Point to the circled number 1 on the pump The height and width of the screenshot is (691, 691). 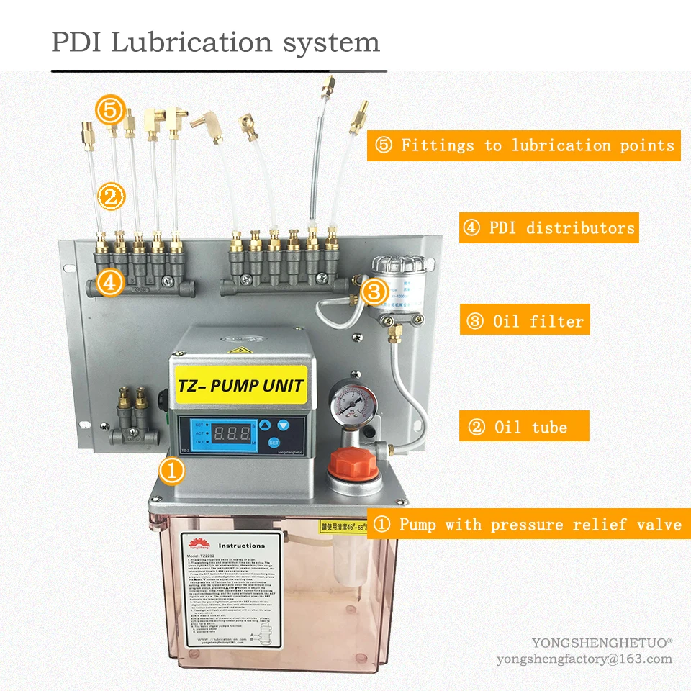point(173,472)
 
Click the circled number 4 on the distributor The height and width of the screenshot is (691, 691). point(110,283)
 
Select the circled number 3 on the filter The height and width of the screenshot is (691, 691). point(374,292)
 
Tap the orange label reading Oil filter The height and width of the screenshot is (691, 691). point(525,321)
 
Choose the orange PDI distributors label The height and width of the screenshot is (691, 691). point(548,228)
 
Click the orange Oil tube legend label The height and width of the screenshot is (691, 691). point(524,427)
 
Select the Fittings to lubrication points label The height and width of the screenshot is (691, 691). point(525,145)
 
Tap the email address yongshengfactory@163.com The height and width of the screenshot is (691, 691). point(584,659)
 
